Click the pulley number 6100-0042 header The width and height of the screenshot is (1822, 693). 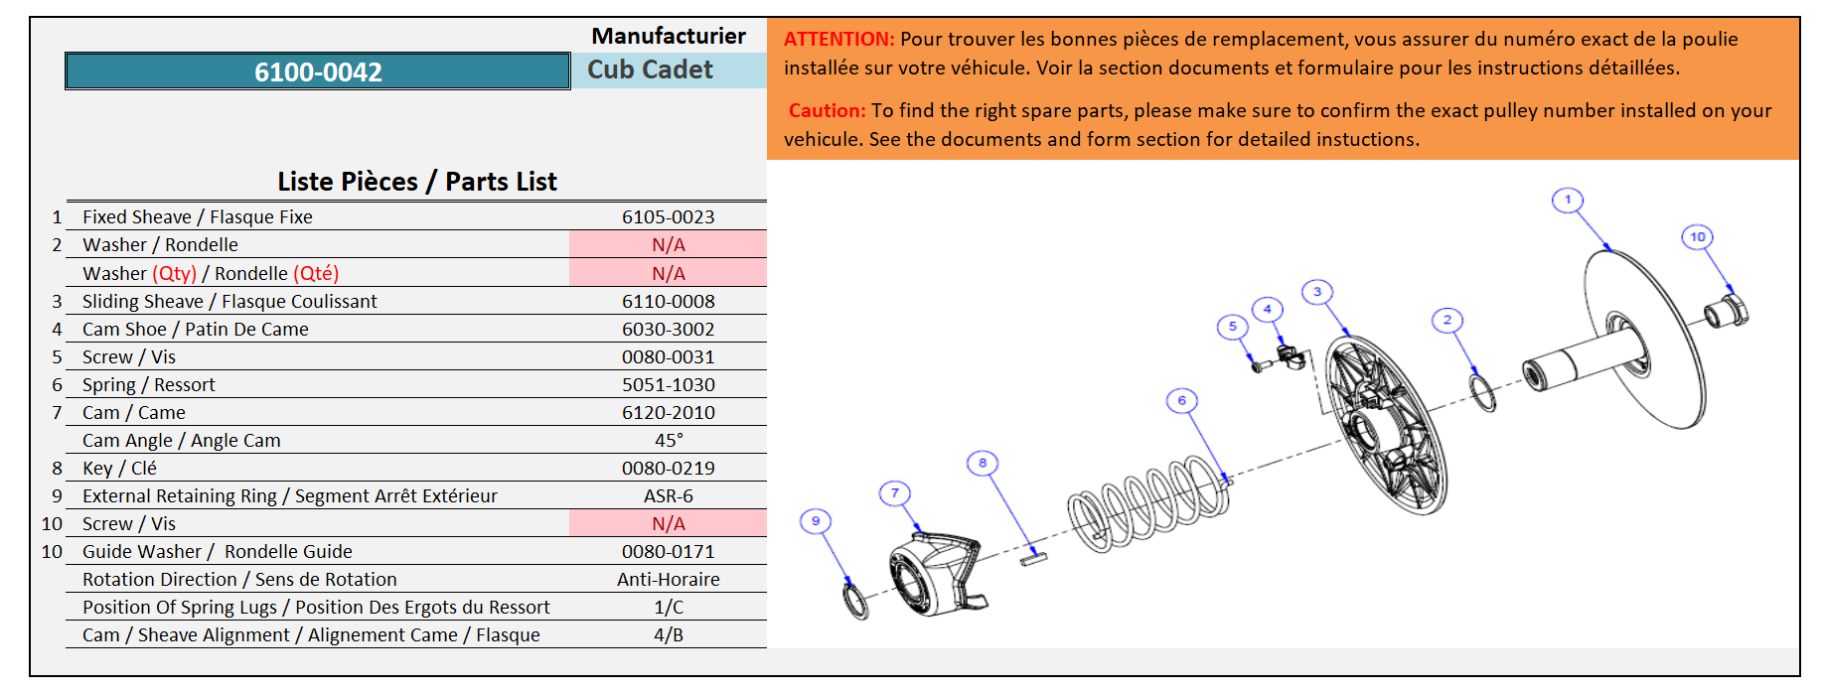click(x=318, y=71)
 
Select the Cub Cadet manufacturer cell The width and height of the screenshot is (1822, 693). click(x=650, y=70)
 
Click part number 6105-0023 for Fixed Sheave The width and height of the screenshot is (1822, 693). click(x=668, y=216)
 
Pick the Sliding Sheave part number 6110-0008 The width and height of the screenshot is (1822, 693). click(x=668, y=301)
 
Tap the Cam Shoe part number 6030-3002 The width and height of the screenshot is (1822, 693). click(x=668, y=329)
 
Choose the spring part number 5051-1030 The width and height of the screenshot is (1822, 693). click(x=668, y=384)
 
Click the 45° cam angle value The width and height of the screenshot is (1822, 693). click(x=668, y=440)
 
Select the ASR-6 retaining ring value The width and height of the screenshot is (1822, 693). click(x=668, y=495)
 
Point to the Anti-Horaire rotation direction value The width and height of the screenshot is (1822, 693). click(x=668, y=579)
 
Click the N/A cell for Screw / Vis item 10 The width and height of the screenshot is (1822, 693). click(x=668, y=523)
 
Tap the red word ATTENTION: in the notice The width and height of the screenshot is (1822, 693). click(x=839, y=40)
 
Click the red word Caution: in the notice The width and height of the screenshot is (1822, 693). click(x=828, y=111)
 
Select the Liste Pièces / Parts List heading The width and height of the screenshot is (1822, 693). click(x=417, y=182)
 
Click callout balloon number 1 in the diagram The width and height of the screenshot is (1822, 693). click(x=1568, y=200)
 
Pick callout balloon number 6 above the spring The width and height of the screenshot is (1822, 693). click(x=1181, y=400)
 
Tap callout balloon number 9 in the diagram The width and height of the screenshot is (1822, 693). click(x=816, y=521)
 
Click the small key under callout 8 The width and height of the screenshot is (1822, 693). click(x=1034, y=558)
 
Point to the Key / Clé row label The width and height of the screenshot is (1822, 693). click(x=119, y=468)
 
